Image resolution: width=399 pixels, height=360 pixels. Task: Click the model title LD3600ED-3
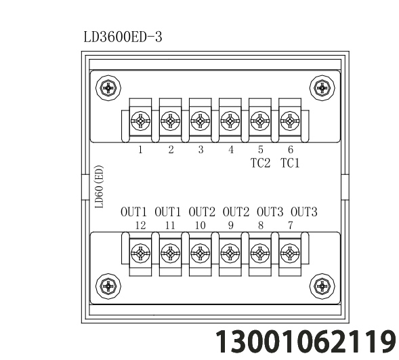click(123, 37)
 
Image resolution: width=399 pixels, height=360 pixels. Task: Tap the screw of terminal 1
click(140, 121)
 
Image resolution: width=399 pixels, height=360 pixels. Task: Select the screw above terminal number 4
click(230, 121)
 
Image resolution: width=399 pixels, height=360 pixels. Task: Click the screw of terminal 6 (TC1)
click(290, 121)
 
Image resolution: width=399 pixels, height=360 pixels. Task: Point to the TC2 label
click(260, 163)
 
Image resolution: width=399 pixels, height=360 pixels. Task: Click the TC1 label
click(290, 163)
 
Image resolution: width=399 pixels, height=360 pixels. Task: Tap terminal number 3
click(201, 150)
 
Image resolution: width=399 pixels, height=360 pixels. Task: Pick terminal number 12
click(140, 226)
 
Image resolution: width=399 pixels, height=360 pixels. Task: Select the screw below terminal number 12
click(140, 254)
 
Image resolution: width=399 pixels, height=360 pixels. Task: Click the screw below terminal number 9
click(230, 254)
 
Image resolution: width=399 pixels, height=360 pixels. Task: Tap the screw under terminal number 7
click(290, 254)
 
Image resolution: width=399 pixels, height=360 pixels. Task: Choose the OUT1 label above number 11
click(168, 212)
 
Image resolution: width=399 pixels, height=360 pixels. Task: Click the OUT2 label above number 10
click(202, 212)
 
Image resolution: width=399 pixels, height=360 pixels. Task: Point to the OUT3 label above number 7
click(304, 212)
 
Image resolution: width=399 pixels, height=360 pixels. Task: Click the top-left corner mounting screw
click(108, 88)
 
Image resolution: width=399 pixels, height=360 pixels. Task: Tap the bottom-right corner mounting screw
click(322, 286)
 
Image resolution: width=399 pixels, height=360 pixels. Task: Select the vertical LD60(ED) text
click(99, 186)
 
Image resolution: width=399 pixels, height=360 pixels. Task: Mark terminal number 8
click(261, 226)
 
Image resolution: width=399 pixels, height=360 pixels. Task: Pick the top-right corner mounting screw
click(322, 88)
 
